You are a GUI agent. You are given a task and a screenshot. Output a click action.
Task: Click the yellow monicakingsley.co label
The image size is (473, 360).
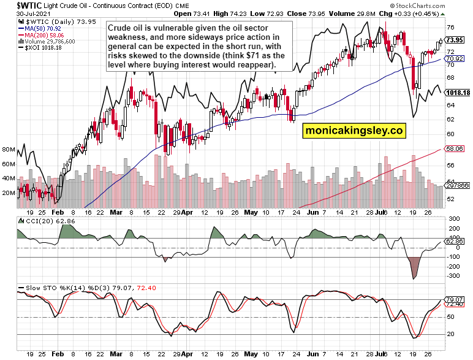click(x=354, y=131)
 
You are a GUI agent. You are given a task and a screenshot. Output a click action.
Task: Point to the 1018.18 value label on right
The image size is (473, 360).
click(x=458, y=93)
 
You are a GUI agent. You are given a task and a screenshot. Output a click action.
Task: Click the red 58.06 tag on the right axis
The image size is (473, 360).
click(x=457, y=149)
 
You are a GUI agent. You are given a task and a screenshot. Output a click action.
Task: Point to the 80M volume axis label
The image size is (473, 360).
click(x=9, y=150)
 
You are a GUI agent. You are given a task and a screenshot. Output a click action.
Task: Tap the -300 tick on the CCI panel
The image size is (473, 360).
click(x=455, y=276)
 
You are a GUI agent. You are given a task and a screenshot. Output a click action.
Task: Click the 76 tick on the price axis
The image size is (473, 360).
click(x=450, y=28)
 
